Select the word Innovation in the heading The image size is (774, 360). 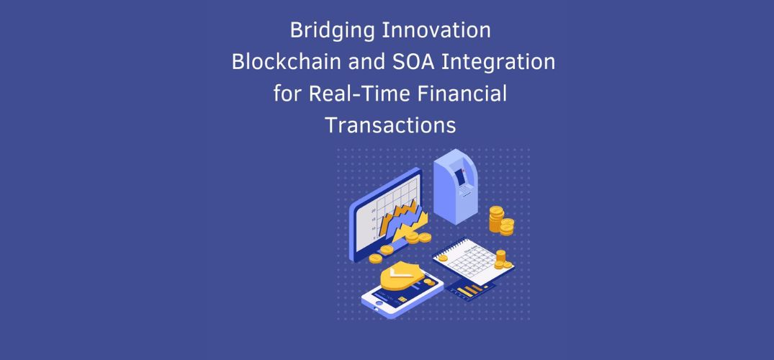[436, 31]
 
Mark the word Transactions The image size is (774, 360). [390, 125]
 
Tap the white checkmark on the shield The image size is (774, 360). [399, 274]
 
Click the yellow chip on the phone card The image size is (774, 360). [402, 300]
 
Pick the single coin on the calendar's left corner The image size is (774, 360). [443, 258]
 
